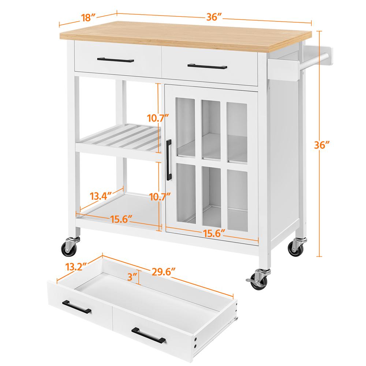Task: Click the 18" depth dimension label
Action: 89,18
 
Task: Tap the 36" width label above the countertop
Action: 214,17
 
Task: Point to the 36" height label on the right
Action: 322,145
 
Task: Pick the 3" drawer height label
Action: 132,277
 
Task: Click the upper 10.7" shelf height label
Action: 158,118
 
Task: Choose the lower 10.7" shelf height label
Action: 160,197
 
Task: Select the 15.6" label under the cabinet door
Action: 214,233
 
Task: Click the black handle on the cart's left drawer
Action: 116,60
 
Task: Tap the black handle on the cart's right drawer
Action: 207,66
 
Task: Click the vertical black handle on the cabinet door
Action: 169,160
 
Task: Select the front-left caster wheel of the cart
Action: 69,246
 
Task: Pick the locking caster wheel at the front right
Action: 259,279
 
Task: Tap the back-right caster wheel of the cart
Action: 297,247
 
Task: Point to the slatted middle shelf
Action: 119,142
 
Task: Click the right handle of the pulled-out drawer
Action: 149,335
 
